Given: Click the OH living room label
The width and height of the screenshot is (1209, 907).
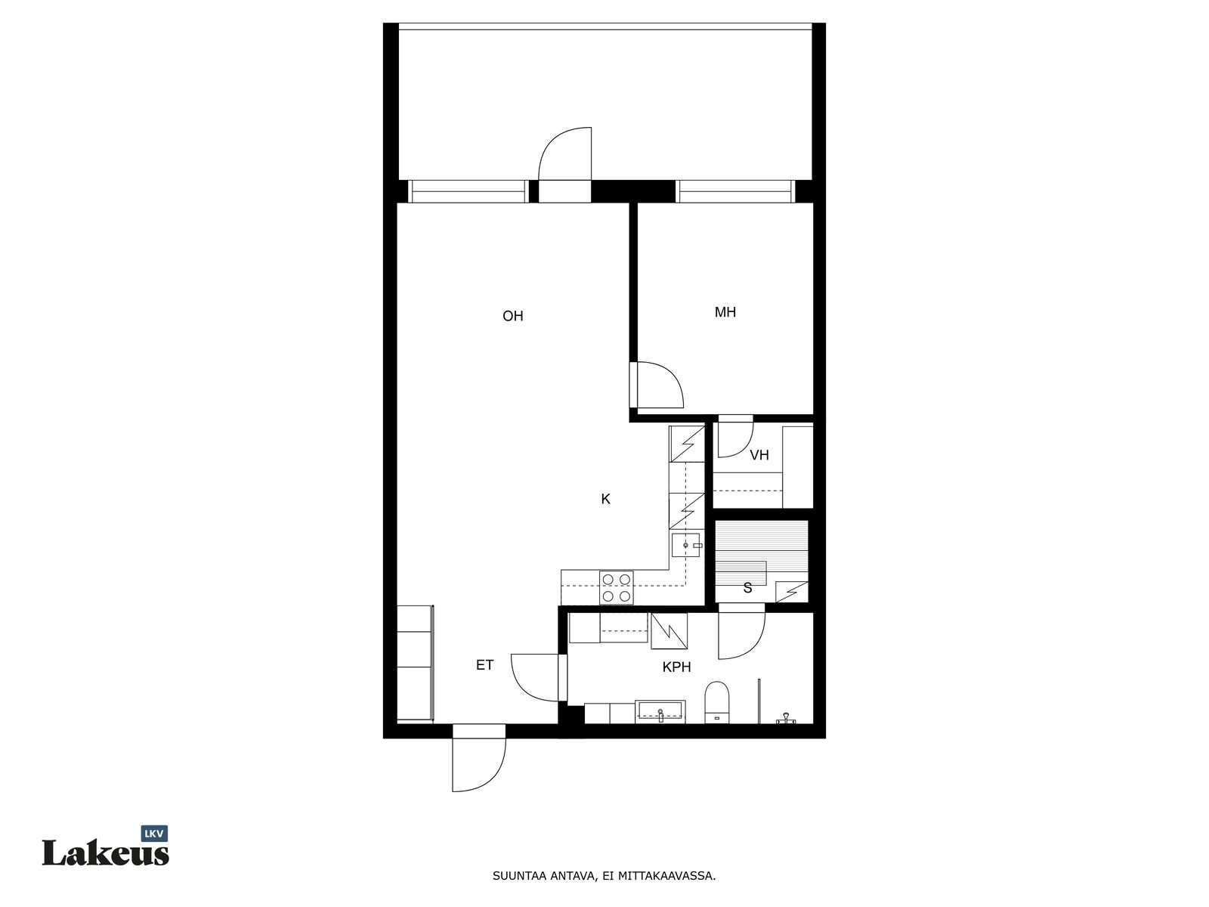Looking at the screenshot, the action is (x=512, y=316).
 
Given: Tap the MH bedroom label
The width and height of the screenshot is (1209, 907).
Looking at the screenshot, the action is (x=725, y=312).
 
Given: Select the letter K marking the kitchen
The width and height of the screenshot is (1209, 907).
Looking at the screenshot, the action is (x=605, y=499).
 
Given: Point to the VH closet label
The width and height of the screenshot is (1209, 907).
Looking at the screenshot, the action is (x=759, y=455).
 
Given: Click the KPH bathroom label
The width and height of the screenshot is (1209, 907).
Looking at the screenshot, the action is (x=676, y=667).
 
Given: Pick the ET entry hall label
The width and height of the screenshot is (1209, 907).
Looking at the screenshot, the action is (x=484, y=665).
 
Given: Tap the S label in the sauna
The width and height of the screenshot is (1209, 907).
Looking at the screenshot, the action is (x=747, y=588).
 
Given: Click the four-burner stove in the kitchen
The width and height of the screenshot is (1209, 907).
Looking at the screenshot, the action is (x=617, y=587).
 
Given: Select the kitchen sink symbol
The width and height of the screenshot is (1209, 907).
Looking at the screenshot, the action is (x=686, y=545).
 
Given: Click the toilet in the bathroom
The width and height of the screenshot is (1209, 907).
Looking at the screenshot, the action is (x=716, y=702).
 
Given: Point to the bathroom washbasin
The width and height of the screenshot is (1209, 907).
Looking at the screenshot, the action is (x=660, y=711).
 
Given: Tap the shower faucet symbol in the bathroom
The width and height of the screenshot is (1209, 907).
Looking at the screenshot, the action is (x=785, y=717).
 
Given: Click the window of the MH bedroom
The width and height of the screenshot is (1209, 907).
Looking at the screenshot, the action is (x=735, y=191).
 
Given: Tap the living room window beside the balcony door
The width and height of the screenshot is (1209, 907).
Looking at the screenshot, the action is (x=468, y=191).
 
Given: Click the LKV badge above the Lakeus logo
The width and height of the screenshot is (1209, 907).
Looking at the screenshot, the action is (x=154, y=834).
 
